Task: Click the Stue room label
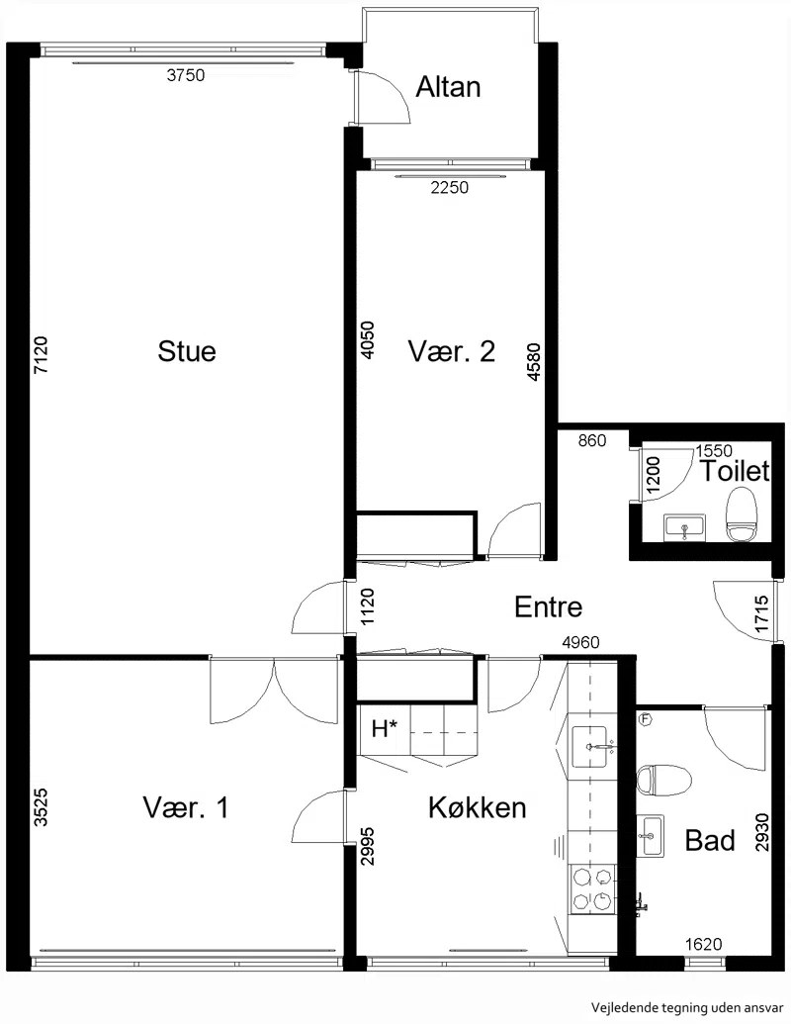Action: click(x=187, y=351)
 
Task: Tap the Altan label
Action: click(x=448, y=87)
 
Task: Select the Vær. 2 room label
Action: click(x=452, y=351)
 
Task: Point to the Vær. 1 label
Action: click(x=186, y=808)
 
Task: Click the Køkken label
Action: click(x=478, y=808)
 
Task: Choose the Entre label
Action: click(x=548, y=606)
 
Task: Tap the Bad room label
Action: click(x=710, y=841)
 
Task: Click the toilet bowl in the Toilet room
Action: click(x=742, y=515)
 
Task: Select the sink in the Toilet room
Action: click(x=684, y=527)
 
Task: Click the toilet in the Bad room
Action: click(x=663, y=781)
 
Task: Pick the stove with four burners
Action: click(x=592, y=888)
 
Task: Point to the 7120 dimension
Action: click(x=41, y=354)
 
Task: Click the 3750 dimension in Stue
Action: click(x=185, y=75)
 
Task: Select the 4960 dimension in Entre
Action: click(x=580, y=643)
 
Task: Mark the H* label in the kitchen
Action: click(x=385, y=728)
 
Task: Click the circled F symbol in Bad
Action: click(x=646, y=719)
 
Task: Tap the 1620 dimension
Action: click(x=704, y=944)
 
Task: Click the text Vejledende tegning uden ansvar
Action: click(x=687, y=1008)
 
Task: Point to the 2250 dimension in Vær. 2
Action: click(x=450, y=187)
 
